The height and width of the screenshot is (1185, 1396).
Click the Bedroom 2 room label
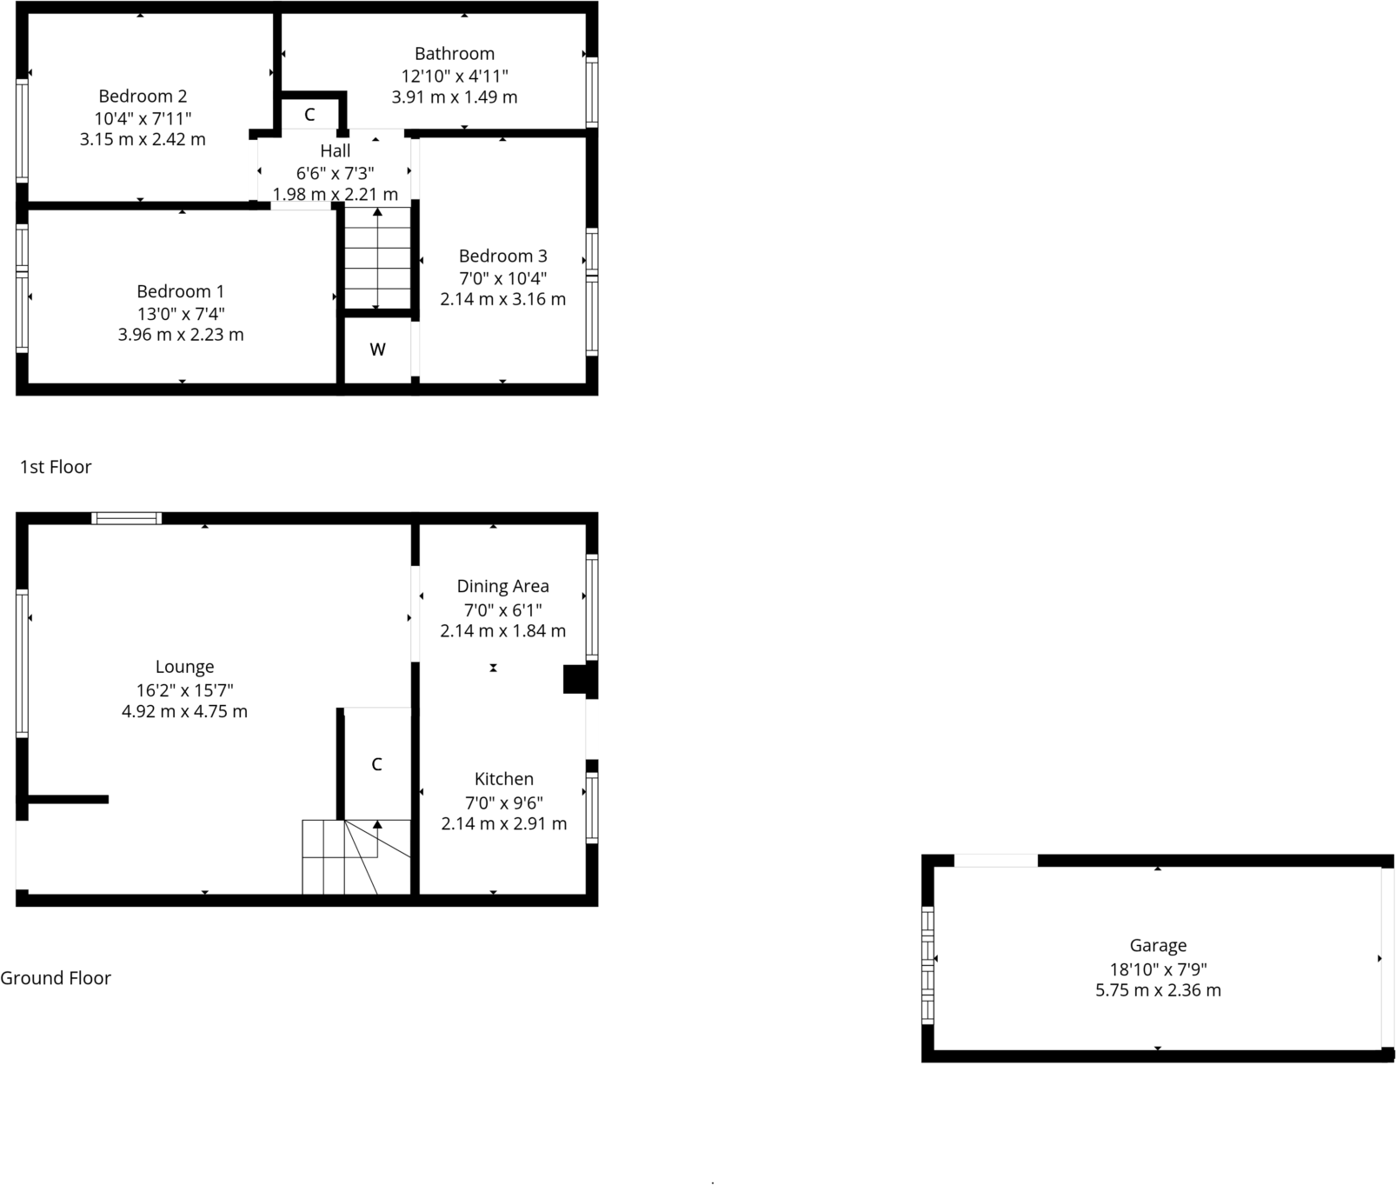[143, 97]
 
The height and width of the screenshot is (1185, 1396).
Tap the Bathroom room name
[455, 54]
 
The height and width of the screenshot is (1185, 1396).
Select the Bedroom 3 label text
[503, 256]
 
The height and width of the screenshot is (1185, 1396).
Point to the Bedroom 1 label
[181, 292]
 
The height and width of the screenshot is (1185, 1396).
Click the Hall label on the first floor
[336, 151]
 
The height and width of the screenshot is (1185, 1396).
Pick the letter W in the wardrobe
[377, 350]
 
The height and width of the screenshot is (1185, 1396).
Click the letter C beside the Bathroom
[309, 115]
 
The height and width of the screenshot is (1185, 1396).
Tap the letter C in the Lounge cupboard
[376, 764]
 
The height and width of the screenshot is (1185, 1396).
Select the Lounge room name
[184, 667]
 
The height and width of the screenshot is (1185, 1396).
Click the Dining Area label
[502, 586]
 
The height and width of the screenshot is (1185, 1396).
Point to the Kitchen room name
[504, 779]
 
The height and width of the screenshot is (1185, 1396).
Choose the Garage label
[1158, 946]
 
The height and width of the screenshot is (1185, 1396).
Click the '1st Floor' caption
[56, 467]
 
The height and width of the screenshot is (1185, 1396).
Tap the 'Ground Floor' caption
[56, 978]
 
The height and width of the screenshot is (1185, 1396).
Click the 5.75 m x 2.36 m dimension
[1158, 990]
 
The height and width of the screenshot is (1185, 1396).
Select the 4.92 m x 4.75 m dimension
[184, 711]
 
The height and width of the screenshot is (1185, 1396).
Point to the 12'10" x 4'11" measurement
[455, 77]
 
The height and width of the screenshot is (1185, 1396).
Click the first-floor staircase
[377, 258]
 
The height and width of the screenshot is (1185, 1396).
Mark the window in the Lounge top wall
[127, 518]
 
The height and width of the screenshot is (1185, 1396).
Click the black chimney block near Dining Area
[575, 679]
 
